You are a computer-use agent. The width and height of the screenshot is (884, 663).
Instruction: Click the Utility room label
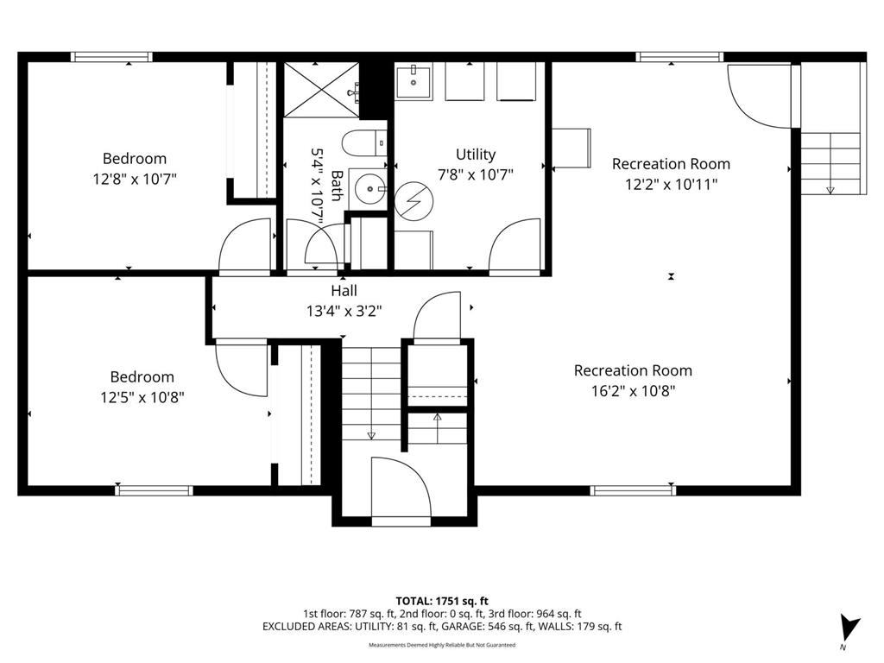(476, 155)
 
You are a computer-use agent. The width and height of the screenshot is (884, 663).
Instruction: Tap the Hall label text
(344, 291)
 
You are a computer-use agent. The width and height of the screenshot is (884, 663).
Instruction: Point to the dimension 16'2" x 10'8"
(633, 390)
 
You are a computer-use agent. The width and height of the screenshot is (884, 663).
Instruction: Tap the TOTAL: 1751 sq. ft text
(441, 600)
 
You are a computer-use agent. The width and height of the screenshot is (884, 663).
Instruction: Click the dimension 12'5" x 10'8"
(141, 396)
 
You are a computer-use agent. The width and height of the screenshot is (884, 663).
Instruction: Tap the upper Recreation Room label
(671, 163)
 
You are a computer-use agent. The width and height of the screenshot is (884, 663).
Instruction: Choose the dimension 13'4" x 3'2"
(344, 310)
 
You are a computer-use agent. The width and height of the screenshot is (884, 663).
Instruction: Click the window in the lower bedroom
(154, 490)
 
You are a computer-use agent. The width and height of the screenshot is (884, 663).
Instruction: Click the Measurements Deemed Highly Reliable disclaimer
(441, 645)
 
